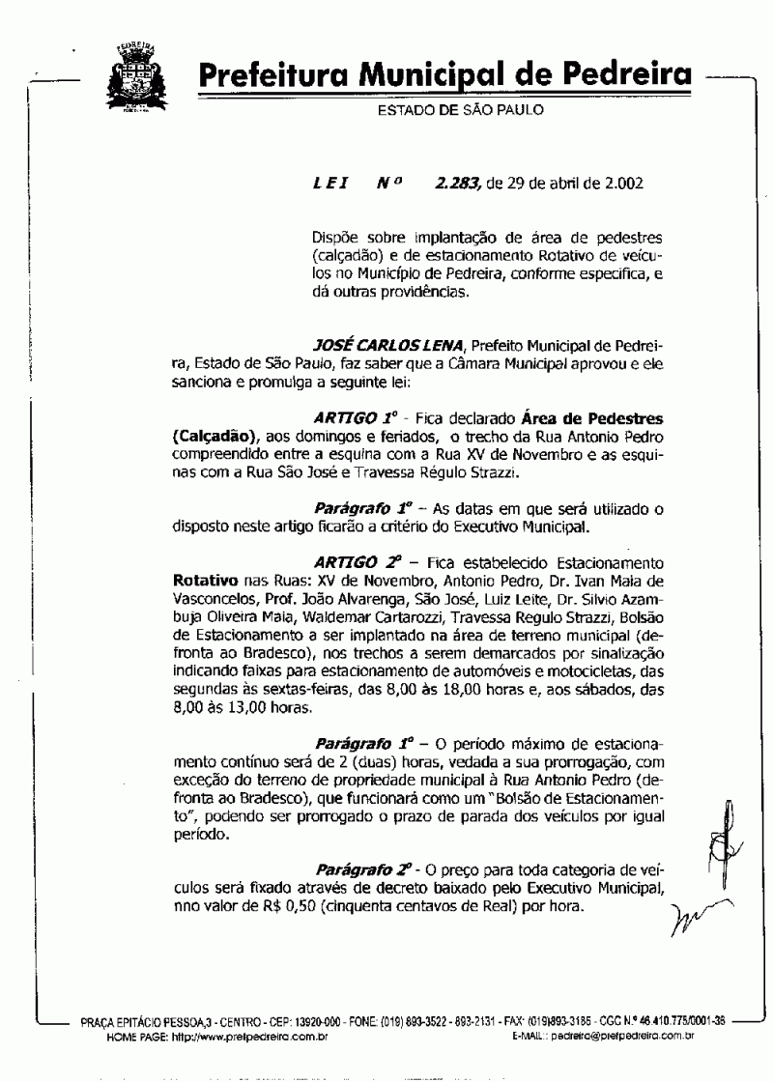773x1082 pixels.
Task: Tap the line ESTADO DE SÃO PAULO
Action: [460, 110]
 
